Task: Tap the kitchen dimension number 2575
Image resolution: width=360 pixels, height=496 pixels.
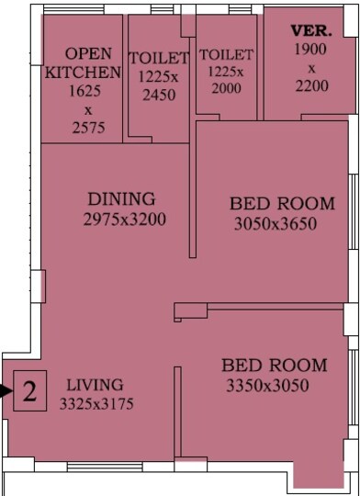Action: [x=83, y=129]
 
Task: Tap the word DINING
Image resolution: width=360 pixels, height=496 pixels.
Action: [x=122, y=199]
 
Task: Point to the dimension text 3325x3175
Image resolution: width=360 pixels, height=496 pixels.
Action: [x=97, y=402]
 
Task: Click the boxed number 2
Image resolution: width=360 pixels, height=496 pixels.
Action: [x=29, y=394]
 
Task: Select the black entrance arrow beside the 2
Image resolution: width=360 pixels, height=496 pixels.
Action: [x=6, y=392]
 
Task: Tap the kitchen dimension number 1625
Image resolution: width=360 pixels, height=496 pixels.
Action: [x=83, y=93]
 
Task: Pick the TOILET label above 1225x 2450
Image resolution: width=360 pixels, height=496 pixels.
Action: [x=159, y=59]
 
